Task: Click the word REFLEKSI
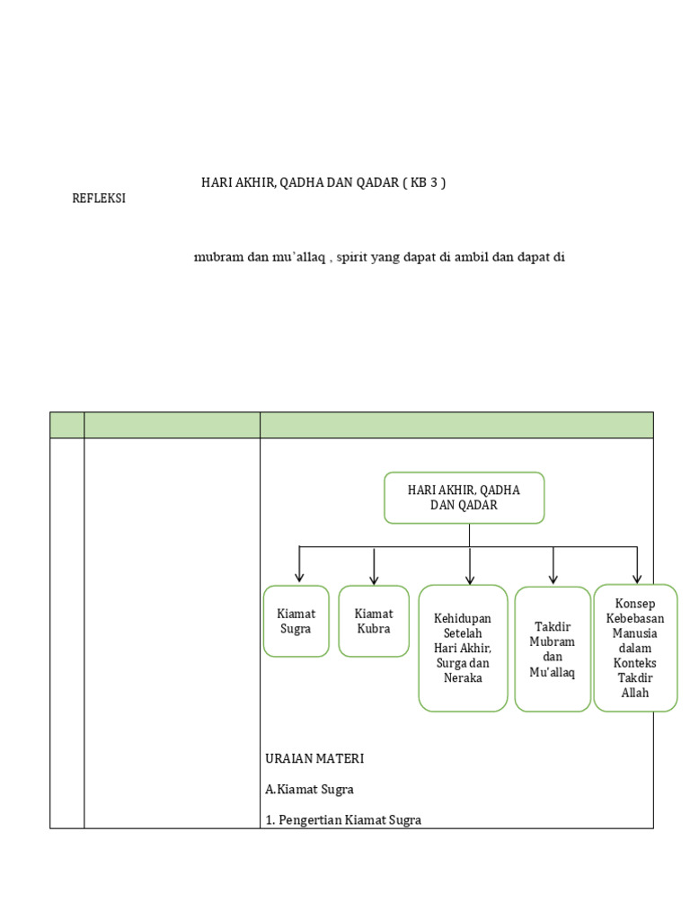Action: (x=99, y=199)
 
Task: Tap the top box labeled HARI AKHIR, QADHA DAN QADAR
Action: (x=464, y=497)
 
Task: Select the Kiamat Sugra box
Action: (x=296, y=621)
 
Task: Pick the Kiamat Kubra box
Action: (x=374, y=621)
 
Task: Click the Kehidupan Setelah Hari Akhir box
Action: (x=463, y=647)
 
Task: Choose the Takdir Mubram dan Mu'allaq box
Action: (x=553, y=649)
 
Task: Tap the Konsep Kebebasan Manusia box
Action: (x=635, y=647)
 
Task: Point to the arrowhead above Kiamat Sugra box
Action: (x=299, y=577)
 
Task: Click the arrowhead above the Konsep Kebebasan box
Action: (x=637, y=578)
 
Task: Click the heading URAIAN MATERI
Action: (x=314, y=758)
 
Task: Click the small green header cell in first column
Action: (x=66, y=425)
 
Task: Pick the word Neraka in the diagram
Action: (x=463, y=677)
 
